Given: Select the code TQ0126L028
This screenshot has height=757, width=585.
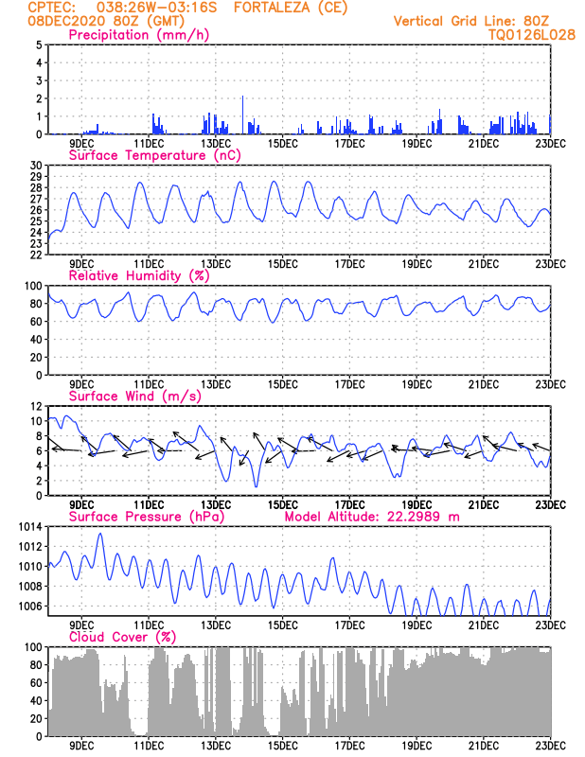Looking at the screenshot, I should pyautogui.click(x=532, y=34).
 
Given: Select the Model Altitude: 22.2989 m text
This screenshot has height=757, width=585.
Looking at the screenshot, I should pyautogui.click(x=373, y=517).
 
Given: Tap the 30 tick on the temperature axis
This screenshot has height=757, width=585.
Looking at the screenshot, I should pyautogui.click(x=37, y=166).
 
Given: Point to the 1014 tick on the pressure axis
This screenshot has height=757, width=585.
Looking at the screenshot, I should pyautogui.click(x=31, y=526).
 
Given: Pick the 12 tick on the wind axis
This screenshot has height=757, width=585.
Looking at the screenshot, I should pyautogui.click(x=37, y=406).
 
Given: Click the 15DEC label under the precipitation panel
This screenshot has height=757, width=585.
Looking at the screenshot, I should pyautogui.click(x=282, y=143).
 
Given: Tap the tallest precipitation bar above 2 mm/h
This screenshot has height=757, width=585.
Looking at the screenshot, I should pyautogui.click(x=243, y=114).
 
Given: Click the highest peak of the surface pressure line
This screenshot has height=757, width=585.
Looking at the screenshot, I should pyautogui.click(x=100, y=534).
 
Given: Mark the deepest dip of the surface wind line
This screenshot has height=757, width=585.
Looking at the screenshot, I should pyautogui.click(x=256, y=486).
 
